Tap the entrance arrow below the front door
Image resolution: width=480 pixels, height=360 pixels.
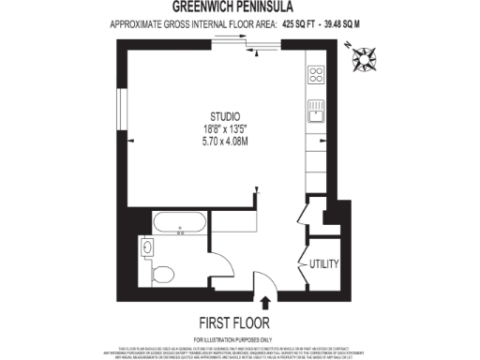click(265, 302)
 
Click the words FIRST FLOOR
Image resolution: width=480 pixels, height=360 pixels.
click(233, 320)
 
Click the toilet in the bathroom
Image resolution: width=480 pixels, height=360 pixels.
click(161, 275)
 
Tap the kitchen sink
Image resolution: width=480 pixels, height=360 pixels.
click(317, 112)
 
